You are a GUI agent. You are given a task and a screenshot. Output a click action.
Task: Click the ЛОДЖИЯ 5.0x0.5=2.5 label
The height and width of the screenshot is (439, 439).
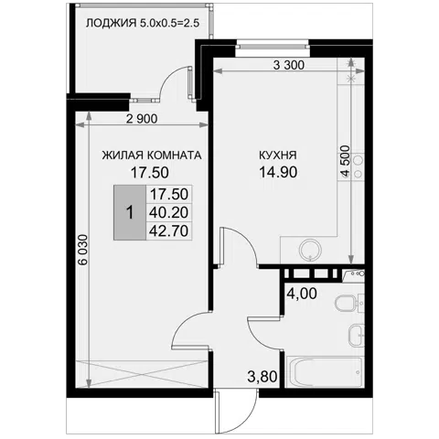143,23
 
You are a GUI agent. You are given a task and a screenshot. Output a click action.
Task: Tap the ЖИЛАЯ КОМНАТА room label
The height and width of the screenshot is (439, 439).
152,155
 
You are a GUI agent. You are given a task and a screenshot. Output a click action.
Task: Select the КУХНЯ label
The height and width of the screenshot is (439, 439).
278,155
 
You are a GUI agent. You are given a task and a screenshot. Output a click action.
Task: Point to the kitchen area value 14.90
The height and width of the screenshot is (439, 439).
278,172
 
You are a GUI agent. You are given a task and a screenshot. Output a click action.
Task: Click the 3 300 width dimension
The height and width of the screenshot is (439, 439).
288,65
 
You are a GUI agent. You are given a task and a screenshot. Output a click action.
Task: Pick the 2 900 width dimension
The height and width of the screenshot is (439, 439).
142,119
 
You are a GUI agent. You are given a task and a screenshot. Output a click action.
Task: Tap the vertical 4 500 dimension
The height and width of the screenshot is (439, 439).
345,161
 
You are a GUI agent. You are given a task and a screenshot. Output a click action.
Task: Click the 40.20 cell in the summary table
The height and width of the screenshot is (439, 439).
169,212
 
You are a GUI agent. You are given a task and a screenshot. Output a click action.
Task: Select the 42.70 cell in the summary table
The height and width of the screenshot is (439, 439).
169,231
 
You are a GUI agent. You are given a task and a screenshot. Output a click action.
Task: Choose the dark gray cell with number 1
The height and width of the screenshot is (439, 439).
130,212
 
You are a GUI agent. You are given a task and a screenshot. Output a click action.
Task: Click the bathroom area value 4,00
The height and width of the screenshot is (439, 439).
303,294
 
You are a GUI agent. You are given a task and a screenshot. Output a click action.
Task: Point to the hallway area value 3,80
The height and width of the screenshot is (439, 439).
262,377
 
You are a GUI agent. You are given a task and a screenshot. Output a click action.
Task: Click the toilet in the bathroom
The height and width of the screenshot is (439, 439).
348,304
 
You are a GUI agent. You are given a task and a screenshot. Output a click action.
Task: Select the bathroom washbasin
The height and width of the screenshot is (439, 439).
356,335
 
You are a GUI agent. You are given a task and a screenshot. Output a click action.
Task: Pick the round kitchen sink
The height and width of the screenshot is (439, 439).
310,250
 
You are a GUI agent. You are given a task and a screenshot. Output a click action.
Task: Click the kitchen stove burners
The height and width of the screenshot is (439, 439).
359,166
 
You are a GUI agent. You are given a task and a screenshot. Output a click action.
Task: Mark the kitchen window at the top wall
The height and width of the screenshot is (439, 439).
273,47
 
